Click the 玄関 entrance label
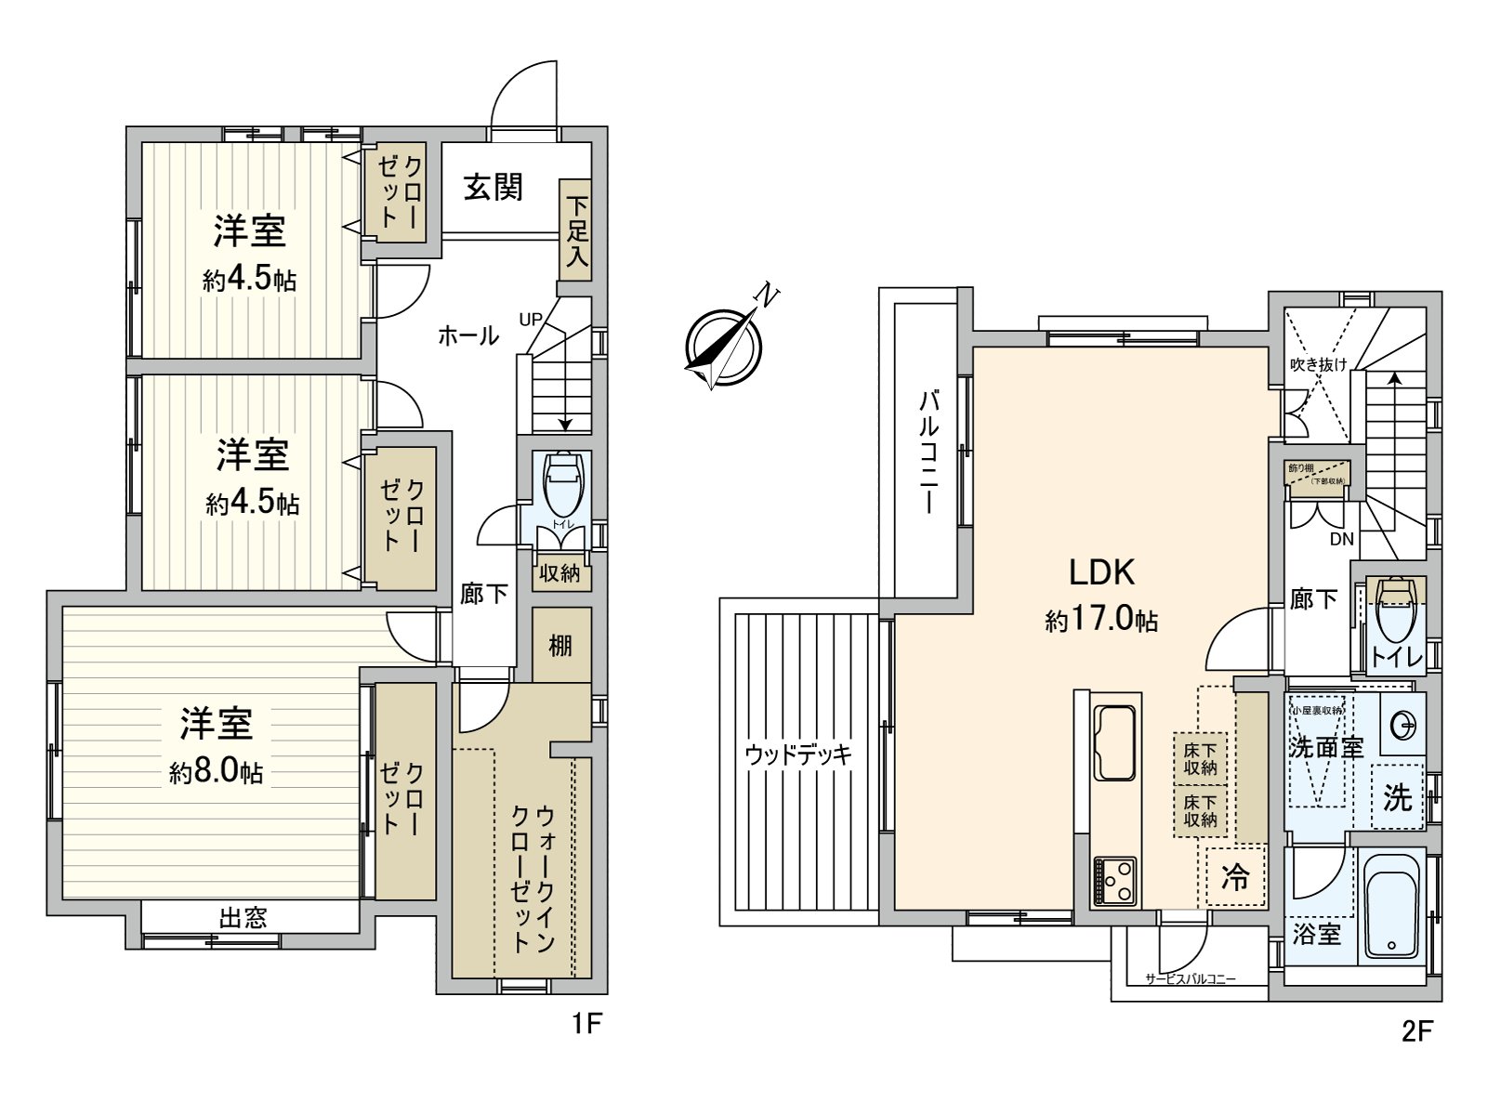click(493, 188)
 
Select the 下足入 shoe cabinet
click(576, 230)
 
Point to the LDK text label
click(1101, 572)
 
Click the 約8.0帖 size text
click(216, 771)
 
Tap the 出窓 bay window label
click(243, 918)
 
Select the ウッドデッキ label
click(798, 754)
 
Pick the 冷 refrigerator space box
click(1235, 876)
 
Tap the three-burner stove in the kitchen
click(1114, 880)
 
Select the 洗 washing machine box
click(1397, 796)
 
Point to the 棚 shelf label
click(560, 645)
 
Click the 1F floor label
click(587, 1024)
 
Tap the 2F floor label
click(1417, 1030)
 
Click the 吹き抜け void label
click(1318, 364)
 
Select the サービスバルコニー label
click(1191, 978)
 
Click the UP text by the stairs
click(531, 320)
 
